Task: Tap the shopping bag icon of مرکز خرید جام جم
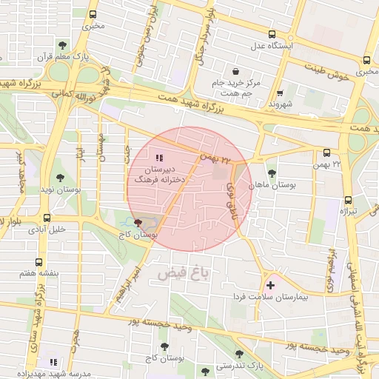[235, 72]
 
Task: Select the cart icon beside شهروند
[280, 93]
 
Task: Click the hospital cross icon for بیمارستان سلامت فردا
[270, 285]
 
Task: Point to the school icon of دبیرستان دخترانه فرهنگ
[158, 158]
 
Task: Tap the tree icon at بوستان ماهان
[272, 172]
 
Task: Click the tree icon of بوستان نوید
[60, 178]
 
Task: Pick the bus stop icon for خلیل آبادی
[47, 218]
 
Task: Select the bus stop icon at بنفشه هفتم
[38, 262]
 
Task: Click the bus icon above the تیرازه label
[348, 199]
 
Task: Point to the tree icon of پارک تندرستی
[239, 355]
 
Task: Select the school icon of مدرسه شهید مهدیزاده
[53, 361]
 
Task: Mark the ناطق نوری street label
[227, 193]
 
